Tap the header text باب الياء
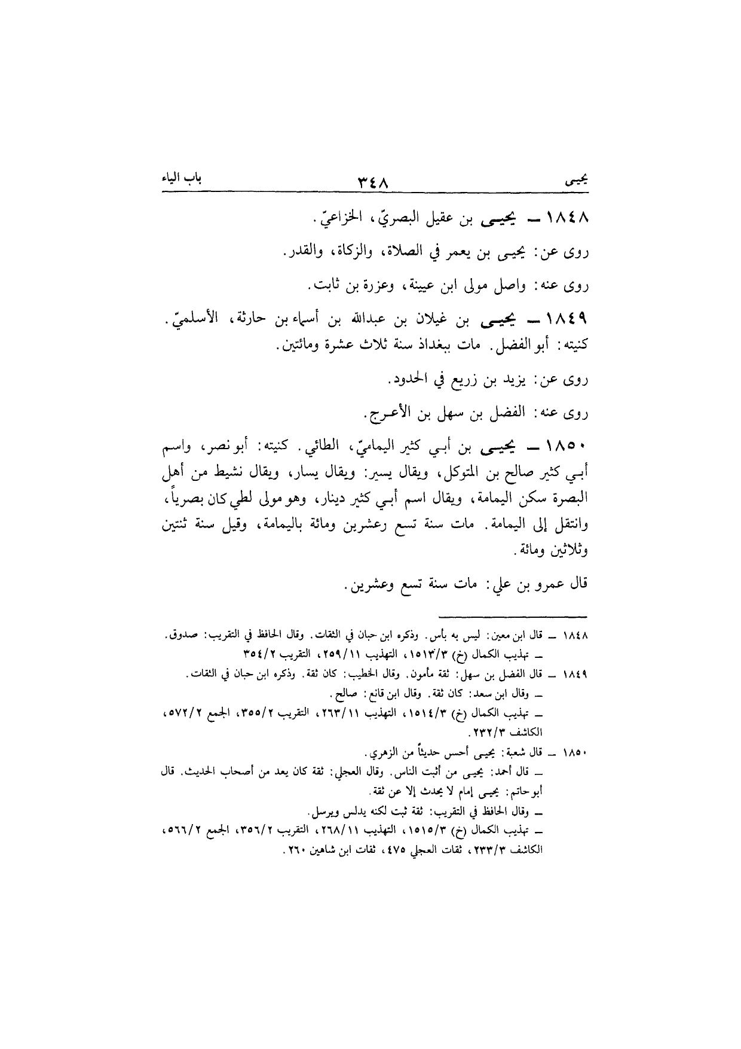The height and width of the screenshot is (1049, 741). coord(172,178)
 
